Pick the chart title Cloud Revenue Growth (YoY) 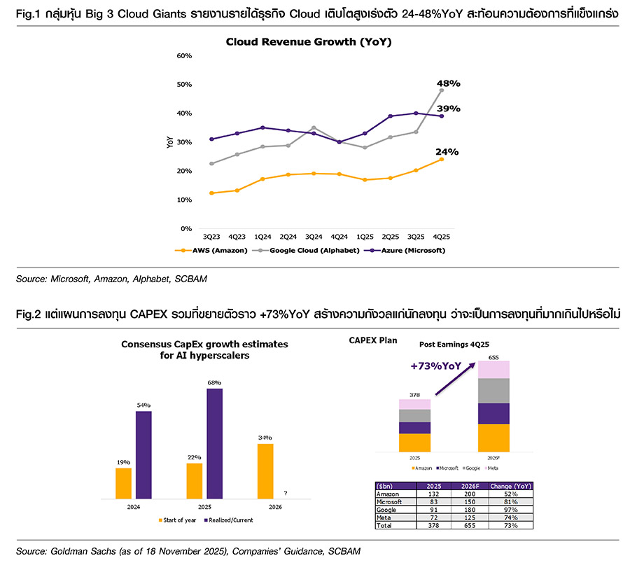pos(308,42)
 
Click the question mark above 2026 pos(286,492)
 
